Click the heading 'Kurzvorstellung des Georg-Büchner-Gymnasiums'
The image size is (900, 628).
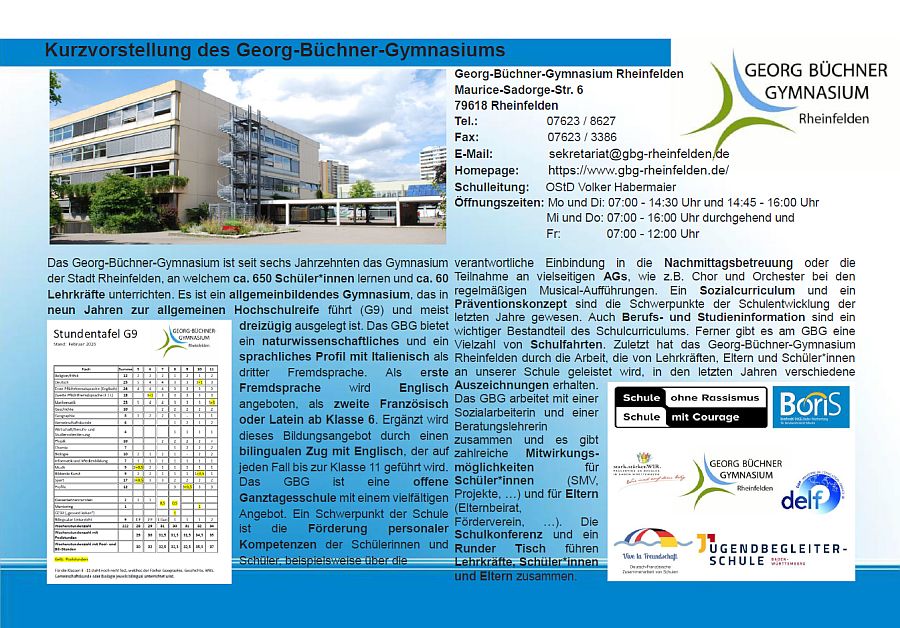pos(275,50)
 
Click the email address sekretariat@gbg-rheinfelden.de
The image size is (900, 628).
pos(638,154)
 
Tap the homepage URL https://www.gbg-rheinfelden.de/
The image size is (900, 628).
pos(638,170)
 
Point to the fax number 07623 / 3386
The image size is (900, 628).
pos(581,138)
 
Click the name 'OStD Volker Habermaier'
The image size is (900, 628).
pos(610,186)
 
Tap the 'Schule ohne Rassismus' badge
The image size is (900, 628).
pos(691,407)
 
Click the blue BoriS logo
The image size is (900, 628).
pos(811,407)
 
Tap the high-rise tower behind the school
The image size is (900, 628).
pos(431,164)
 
